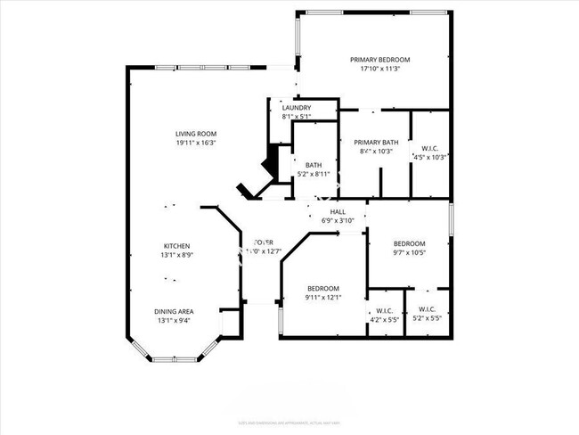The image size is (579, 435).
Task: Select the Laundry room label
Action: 296,107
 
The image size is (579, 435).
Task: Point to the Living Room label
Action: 195,133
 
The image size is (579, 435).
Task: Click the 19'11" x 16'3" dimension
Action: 195,143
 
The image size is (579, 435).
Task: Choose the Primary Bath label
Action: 376,143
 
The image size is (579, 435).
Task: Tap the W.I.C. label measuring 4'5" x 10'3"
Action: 429,147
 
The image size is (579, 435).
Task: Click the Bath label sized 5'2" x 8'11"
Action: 314,164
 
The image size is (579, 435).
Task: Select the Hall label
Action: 338,211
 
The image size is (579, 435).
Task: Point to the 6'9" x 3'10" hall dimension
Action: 338,220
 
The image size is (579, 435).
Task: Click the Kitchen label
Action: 175,246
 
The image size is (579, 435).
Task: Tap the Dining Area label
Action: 175,311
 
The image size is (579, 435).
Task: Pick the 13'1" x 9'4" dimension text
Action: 175,321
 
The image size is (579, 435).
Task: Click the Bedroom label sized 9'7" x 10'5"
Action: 410,243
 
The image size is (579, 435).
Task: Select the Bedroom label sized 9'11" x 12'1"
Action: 322,288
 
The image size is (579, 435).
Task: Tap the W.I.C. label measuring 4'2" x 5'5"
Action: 384,310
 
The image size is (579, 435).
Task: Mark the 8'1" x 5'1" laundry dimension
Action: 296,117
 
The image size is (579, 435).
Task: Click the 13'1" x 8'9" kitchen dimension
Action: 175,256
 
